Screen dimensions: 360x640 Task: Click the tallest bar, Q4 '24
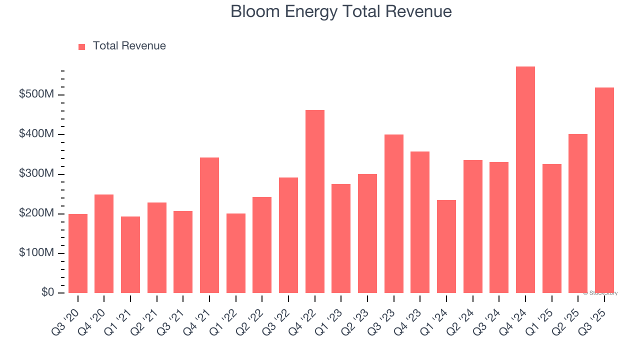coord(525,180)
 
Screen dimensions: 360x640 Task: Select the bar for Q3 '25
coord(604,190)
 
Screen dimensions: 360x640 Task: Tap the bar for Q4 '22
coord(314,201)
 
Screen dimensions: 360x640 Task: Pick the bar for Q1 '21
coord(130,255)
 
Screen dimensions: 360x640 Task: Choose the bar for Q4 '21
coord(209,225)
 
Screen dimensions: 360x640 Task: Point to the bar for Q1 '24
coord(446,246)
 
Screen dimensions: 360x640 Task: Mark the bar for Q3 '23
coord(393,214)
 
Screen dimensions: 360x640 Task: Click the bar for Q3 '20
coord(78,253)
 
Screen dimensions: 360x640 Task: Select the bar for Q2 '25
coord(577,213)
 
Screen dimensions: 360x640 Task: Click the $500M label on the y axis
coord(36,95)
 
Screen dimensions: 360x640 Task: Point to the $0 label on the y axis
coord(47,292)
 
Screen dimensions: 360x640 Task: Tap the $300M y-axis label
coord(36,174)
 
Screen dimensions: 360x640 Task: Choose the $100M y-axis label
coord(36,253)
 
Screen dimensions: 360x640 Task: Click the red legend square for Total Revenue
coord(82,47)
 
